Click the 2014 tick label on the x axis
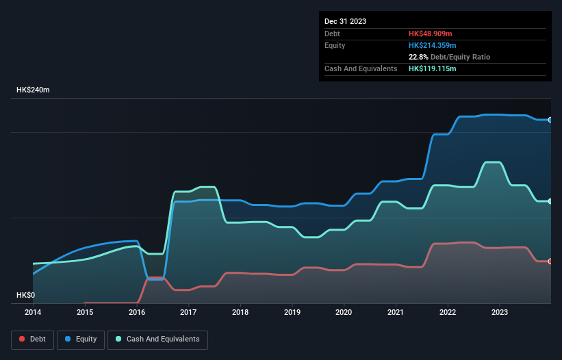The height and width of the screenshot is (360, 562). point(33,312)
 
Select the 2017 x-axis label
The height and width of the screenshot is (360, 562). point(188,312)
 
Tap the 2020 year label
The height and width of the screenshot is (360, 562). point(344,312)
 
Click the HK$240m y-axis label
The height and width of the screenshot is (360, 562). point(34,90)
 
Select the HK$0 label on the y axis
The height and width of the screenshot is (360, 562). point(26,296)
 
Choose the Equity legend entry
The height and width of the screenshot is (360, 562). point(81,339)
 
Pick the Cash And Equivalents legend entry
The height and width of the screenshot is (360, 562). point(157,339)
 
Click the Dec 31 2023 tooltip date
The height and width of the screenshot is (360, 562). point(345,21)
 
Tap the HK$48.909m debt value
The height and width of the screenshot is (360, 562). point(431,34)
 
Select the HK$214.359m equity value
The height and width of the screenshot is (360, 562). point(433,45)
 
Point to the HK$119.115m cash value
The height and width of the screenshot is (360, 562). point(433,69)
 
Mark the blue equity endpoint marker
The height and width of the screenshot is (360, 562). point(550,120)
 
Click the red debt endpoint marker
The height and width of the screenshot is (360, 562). point(550,261)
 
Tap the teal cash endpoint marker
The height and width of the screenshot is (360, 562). point(550,201)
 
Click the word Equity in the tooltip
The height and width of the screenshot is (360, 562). point(335,45)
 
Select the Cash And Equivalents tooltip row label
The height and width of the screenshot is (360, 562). point(361,69)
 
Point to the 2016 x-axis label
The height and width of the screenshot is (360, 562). point(137,312)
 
